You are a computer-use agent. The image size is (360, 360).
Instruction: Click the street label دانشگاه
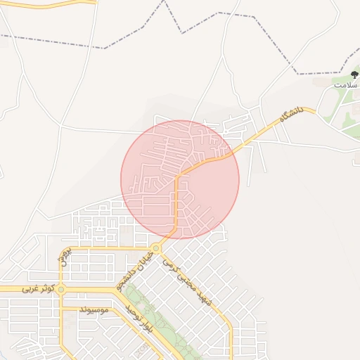(290, 114)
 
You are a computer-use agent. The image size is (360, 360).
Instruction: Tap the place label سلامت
(345, 84)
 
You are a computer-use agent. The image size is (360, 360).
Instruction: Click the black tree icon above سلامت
(353, 75)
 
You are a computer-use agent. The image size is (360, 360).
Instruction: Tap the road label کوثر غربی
(37, 289)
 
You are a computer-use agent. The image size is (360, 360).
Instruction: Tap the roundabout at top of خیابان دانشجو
(154, 247)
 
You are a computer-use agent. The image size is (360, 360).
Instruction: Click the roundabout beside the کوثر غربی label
(61, 289)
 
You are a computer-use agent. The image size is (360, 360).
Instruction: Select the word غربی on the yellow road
(29, 289)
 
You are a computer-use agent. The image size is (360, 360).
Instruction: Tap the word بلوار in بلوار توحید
(146, 326)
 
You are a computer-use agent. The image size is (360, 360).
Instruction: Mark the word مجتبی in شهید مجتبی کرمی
(186, 282)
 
